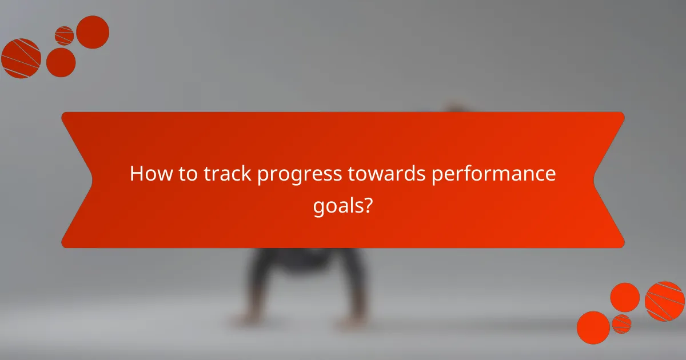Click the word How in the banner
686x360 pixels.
(x=150, y=174)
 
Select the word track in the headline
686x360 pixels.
(x=225, y=174)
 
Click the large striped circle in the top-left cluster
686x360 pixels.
(x=21, y=58)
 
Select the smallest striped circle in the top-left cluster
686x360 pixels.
(x=65, y=35)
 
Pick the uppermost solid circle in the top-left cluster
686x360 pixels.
(x=93, y=32)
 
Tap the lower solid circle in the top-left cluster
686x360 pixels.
(x=61, y=62)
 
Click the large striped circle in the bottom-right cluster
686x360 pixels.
(x=665, y=301)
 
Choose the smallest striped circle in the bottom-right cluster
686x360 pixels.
(x=621, y=324)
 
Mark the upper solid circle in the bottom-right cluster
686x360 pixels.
(x=625, y=297)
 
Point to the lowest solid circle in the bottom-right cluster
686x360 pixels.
(x=593, y=327)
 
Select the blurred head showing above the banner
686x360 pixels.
(x=454, y=107)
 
